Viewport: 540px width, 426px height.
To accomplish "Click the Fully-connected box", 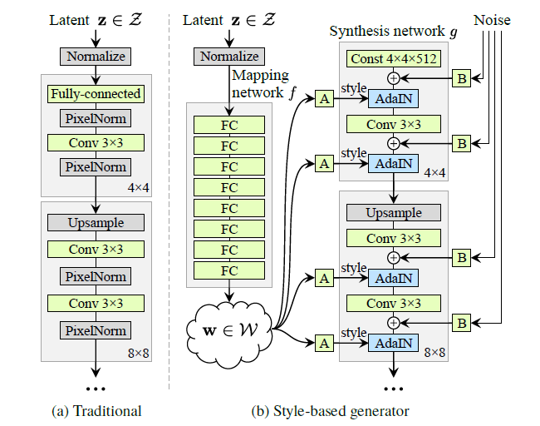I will (x=96, y=94).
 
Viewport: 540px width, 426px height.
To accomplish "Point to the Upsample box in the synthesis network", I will (x=394, y=212).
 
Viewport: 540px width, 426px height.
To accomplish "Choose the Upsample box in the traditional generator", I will (x=96, y=223).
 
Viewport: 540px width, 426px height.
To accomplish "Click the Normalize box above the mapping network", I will (x=228, y=57).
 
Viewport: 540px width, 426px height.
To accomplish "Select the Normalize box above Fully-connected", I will (x=96, y=57).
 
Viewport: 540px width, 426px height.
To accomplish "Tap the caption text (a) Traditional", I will (x=96, y=410).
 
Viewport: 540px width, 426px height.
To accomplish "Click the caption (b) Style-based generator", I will (x=331, y=410).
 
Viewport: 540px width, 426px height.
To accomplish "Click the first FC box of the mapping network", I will (x=228, y=125).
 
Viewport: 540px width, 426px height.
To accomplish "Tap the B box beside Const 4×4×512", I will (x=461, y=79).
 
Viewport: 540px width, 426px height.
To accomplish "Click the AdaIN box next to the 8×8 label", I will (x=394, y=342).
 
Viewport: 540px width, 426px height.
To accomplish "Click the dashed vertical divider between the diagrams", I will (x=169, y=208).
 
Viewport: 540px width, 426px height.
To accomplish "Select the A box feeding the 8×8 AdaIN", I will (x=325, y=342).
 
